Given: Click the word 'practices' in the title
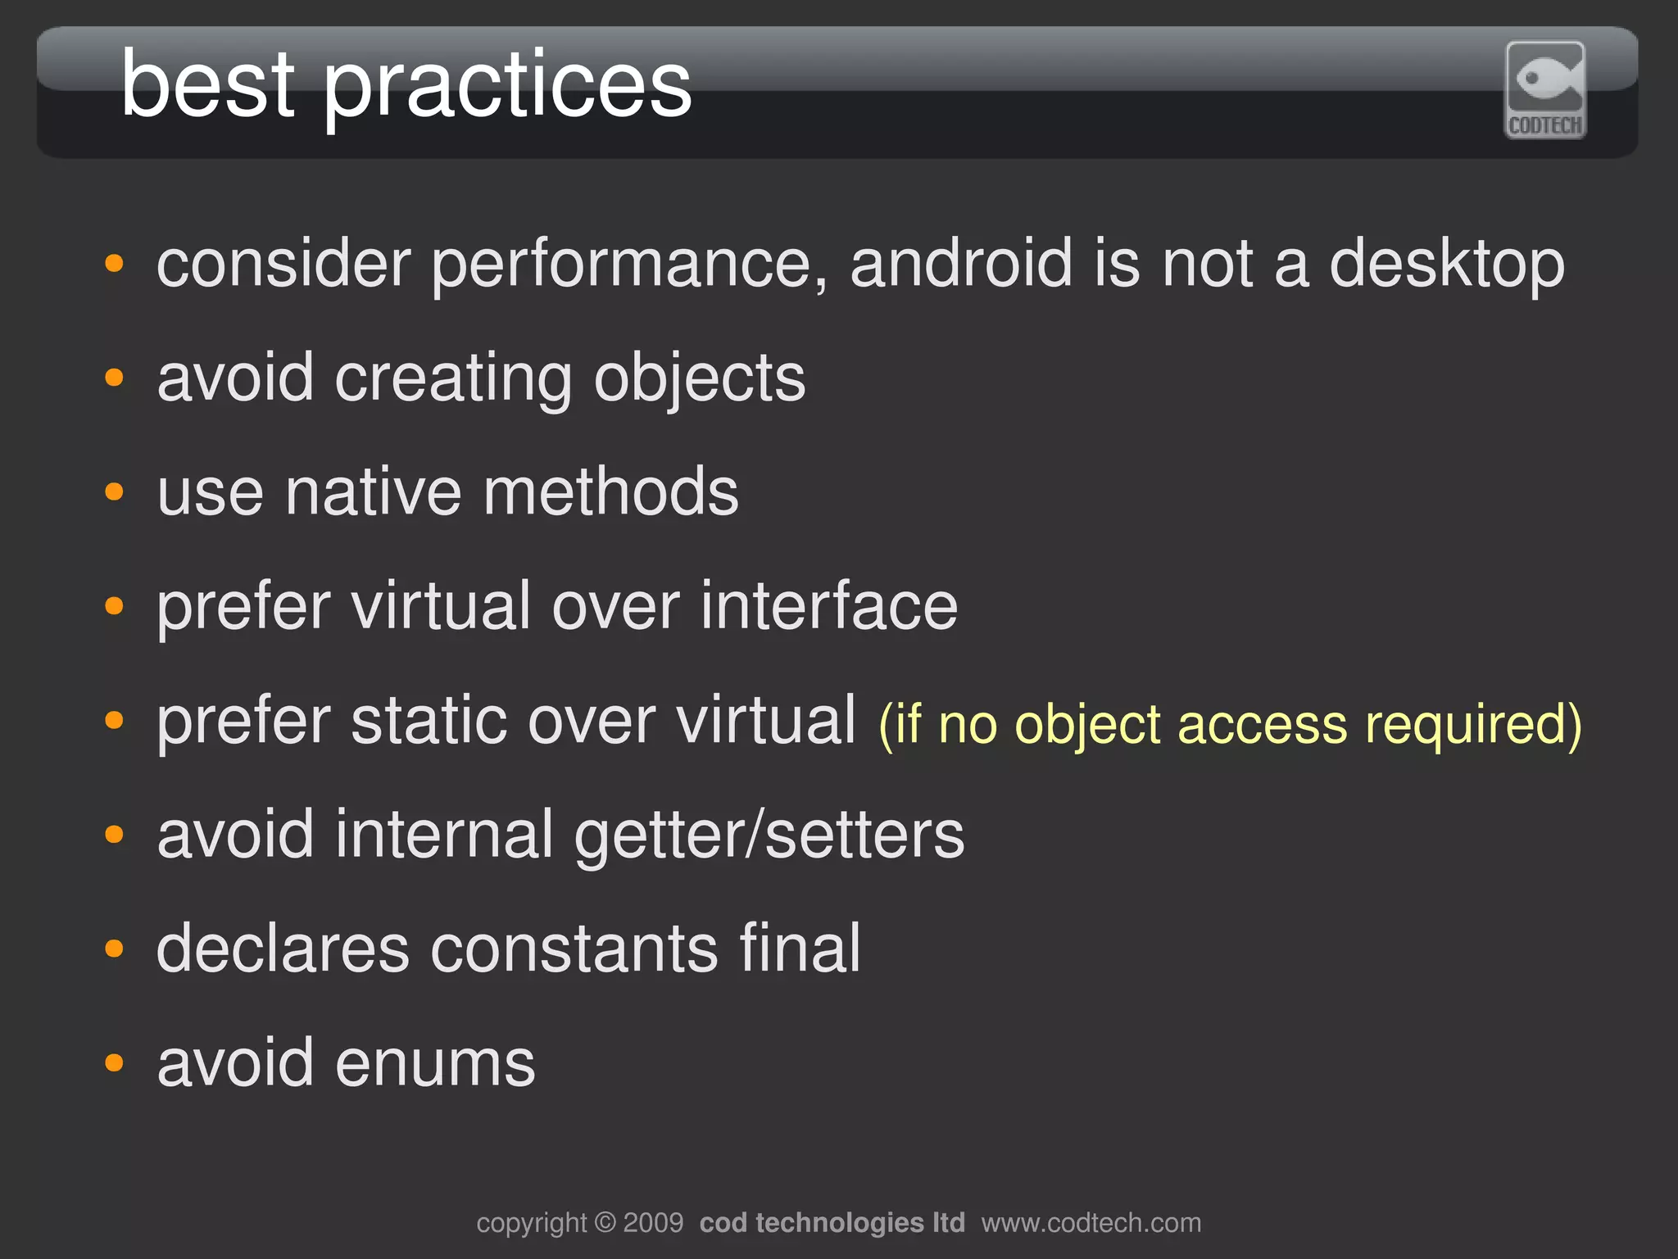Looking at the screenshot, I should coord(508,86).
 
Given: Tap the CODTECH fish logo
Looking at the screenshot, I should coord(1544,90).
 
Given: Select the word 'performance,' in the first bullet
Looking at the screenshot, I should coord(629,265).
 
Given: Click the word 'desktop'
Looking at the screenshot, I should coord(1446,265).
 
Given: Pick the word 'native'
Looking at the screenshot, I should coord(374,492).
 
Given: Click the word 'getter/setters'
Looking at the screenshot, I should coord(769,836).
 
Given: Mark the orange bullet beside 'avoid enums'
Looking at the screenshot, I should coord(114,1063).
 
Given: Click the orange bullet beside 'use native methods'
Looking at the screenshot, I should coord(114,492).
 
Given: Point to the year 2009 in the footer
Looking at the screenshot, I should coord(653,1223).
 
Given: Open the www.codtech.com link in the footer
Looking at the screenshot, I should coord(1091,1223).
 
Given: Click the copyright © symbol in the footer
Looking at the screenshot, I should coord(605,1223).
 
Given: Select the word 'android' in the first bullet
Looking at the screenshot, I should coord(961,264).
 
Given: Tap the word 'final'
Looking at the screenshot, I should coord(799,949).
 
